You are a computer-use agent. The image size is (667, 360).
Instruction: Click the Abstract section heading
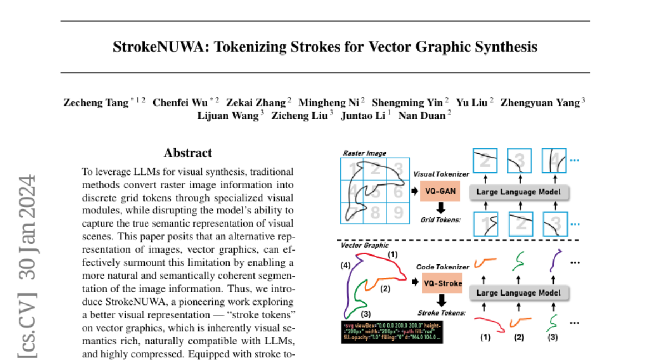(x=188, y=153)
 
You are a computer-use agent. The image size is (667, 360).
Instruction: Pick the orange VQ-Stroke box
(x=442, y=283)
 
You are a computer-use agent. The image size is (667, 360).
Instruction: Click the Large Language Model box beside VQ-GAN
(x=519, y=192)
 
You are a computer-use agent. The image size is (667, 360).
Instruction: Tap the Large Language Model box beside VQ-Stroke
(x=519, y=292)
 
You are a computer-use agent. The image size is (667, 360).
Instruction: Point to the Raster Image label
(x=364, y=153)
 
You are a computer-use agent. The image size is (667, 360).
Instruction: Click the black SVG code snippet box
(x=391, y=332)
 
